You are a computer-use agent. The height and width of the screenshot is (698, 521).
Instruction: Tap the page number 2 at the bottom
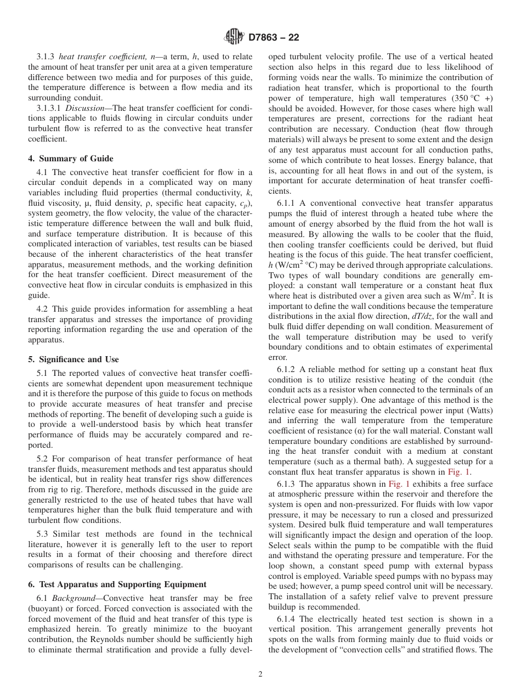[260, 674]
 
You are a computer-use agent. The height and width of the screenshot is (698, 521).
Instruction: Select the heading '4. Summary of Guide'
[71, 159]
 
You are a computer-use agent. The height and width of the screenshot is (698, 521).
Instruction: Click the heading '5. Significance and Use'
[73, 359]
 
